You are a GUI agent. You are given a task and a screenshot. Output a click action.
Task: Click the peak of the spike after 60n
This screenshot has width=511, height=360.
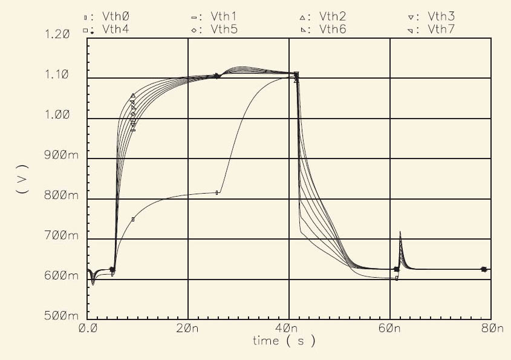point(400,232)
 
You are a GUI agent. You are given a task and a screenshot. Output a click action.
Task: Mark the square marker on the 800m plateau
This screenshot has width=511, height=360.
point(217,192)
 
